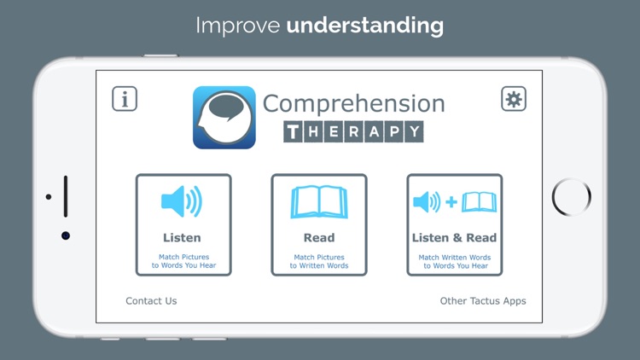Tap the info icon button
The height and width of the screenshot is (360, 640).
coord(125,99)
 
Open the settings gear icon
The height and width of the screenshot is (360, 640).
coord(514,99)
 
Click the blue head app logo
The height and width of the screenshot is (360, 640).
coord(224,118)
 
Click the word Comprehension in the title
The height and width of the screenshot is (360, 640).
coord(353,103)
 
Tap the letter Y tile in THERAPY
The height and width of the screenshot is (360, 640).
coord(413,131)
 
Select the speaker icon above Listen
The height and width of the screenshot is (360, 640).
coord(182,202)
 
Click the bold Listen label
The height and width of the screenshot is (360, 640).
coord(182,238)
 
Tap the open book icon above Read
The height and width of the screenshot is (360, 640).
coord(319,202)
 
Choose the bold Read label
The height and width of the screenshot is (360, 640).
coord(319,238)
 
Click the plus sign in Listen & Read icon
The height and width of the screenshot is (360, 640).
coord(451,202)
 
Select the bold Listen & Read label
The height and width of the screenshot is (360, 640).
coord(454,238)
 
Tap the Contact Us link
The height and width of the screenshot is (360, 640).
coord(151,301)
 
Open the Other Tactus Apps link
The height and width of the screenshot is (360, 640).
coord(483,301)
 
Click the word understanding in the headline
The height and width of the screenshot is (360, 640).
coord(365,26)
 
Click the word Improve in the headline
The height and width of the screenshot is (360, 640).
coord(238,26)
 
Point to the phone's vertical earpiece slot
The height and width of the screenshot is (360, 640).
coord(66,196)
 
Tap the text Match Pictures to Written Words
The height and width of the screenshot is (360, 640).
coord(319,261)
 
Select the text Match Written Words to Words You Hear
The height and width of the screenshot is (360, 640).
coord(454,261)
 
